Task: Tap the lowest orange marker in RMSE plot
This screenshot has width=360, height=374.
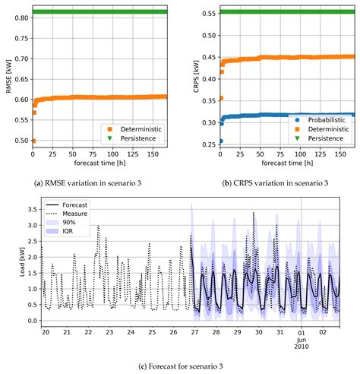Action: coord(33,141)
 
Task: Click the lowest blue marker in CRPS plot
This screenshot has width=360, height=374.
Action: coord(219,141)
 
